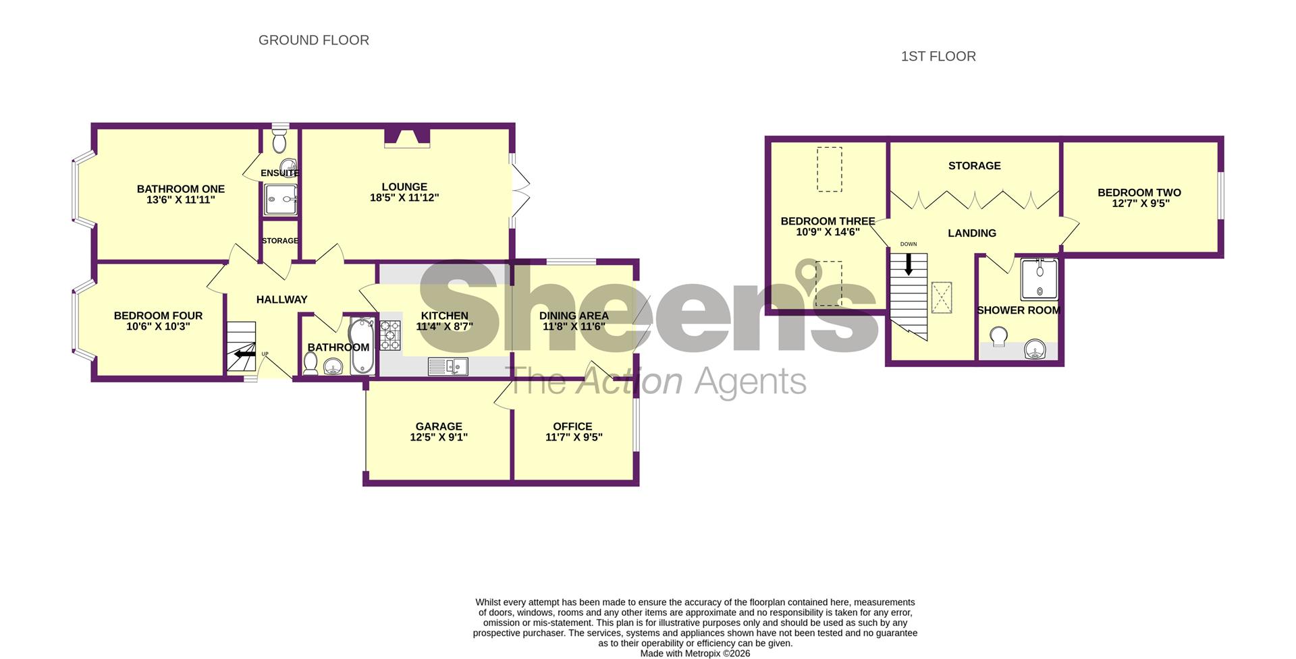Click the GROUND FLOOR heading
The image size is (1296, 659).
(x=313, y=40)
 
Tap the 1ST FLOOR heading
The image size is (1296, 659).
(x=938, y=57)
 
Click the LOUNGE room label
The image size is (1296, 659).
(x=404, y=187)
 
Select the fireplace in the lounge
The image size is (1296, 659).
(x=407, y=138)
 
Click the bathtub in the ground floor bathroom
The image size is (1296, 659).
(x=362, y=346)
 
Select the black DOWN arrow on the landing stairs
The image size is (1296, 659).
(x=909, y=264)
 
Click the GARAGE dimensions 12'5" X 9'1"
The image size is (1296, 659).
(x=439, y=437)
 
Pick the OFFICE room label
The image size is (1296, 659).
(x=572, y=426)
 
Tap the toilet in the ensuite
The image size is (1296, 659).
(x=279, y=142)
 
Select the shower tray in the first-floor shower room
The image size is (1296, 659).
(x=1038, y=279)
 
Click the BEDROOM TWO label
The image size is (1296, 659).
(x=1139, y=192)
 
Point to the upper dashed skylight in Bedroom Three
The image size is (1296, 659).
(x=830, y=169)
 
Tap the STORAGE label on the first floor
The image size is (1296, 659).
(x=974, y=166)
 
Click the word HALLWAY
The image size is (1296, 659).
(x=281, y=299)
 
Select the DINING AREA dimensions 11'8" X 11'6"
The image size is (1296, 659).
(x=574, y=326)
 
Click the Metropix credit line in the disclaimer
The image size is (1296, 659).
(x=695, y=653)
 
